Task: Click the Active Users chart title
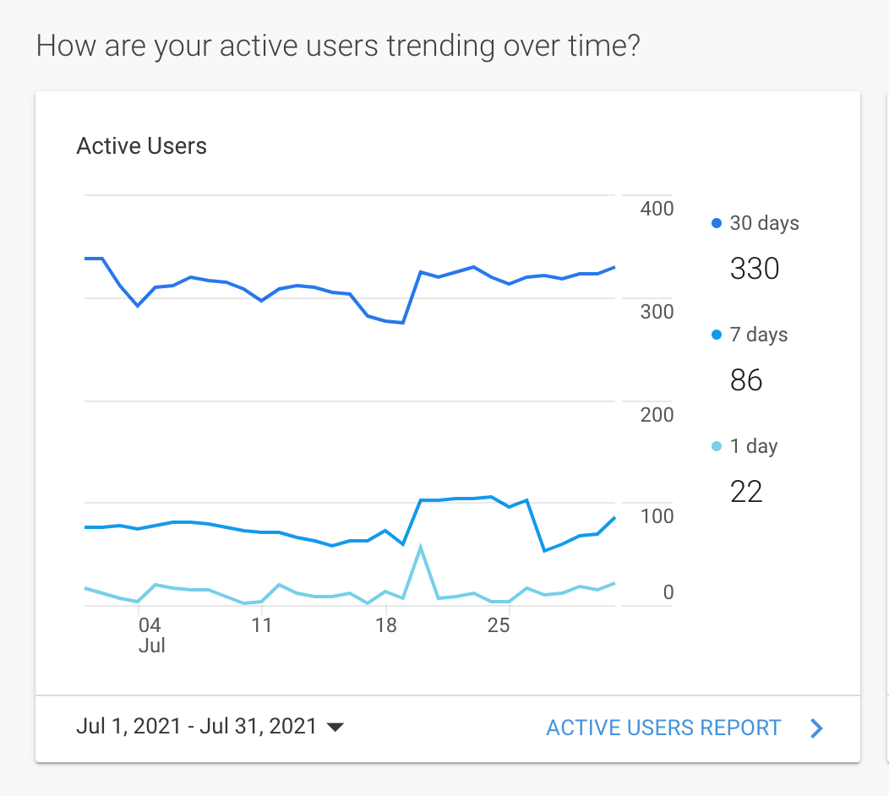(x=141, y=146)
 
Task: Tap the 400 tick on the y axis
(x=657, y=208)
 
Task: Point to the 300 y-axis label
(x=657, y=311)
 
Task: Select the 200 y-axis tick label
(x=657, y=414)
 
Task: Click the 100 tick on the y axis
(x=657, y=516)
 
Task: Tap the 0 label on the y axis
(x=668, y=592)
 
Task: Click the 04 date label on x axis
(x=150, y=625)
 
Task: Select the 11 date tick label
(x=261, y=625)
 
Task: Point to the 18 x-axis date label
(x=385, y=625)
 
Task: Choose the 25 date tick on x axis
(x=499, y=625)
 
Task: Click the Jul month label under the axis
(x=151, y=646)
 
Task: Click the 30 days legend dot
(x=717, y=224)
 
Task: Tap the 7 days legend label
(x=758, y=335)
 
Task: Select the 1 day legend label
(x=753, y=446)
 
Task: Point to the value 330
(x=754, y=269)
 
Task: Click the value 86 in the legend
(x=746, y=380)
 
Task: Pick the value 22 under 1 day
(x=746, y=491)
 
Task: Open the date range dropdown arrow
(x=335, y=728)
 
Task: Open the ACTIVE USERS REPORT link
(x=663, y=728)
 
